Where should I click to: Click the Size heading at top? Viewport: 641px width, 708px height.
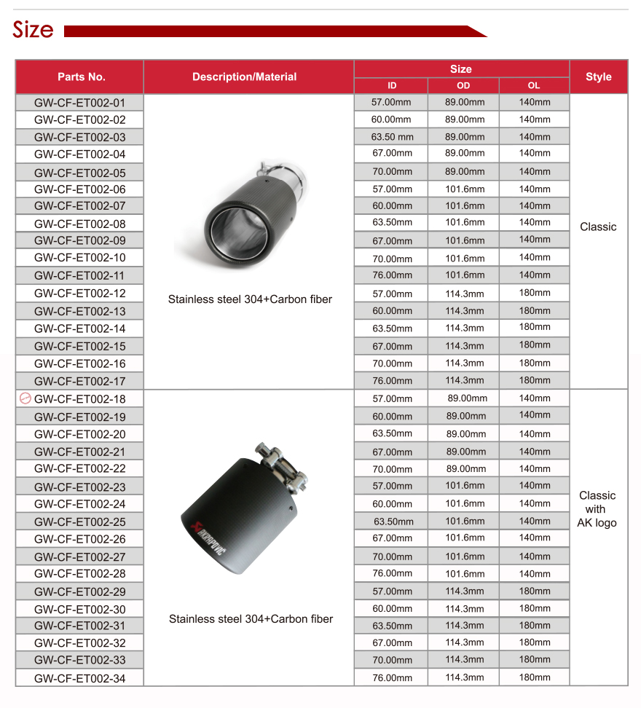[33, 30]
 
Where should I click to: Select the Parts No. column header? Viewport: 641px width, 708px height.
[81, 76]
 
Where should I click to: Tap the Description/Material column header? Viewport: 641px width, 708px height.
[244, 76]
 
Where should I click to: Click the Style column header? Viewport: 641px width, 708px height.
[598, 76]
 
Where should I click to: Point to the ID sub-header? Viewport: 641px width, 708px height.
[391, 86]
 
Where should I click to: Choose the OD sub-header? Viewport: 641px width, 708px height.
[463, 86]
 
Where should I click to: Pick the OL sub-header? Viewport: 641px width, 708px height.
[534, 86]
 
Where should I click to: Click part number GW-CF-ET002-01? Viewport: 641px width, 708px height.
[79, 103]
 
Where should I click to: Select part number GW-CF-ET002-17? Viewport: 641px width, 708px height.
[79, 381]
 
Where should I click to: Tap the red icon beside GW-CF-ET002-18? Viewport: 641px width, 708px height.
[25, 398]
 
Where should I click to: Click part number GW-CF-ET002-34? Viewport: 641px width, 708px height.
[79, 678]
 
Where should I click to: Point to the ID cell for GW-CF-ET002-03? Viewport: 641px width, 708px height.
[392, 137]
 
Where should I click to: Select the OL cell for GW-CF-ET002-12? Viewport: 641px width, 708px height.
[535, 293]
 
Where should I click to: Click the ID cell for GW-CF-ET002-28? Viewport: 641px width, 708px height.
[392, 573]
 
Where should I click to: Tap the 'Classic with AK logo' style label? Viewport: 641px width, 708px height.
[597, 509]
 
